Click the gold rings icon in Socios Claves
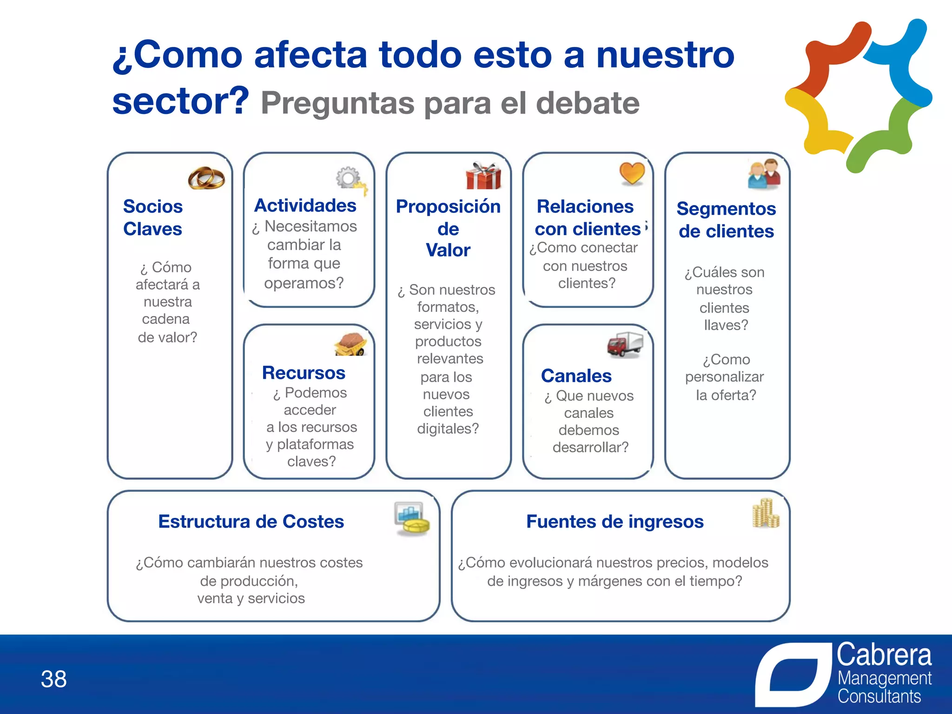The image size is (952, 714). (206, 178)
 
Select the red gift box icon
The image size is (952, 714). (483, 176)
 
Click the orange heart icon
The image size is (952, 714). (632, 173)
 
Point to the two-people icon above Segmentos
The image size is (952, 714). (764, 174)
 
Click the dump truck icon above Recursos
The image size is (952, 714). (351, 344)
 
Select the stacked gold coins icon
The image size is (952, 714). (765, 514)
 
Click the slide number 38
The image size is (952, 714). (54, 679)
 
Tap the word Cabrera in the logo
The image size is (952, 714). (884, 655)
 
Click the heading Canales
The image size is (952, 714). (576, 376)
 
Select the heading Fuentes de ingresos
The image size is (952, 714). (615, 522)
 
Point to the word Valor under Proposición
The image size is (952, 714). (448, 250)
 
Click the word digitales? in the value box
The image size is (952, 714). (448, 429)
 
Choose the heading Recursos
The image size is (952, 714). (304, 373)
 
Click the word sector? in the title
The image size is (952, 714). (181, 101)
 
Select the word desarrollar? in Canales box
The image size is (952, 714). (590, 447)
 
